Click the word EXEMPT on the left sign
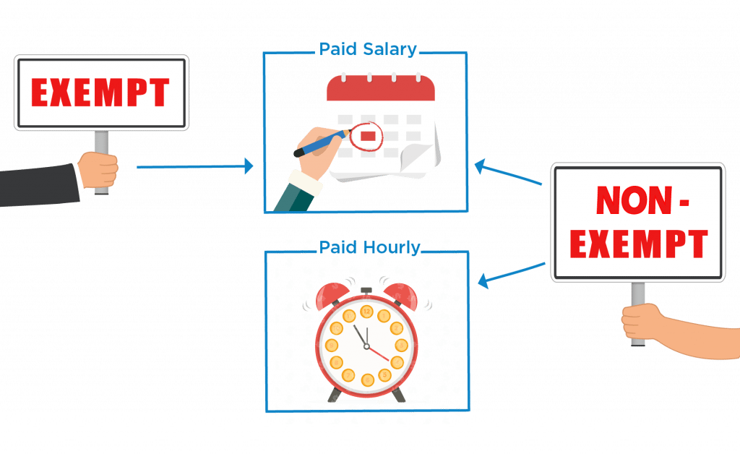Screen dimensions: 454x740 tap(101, 93)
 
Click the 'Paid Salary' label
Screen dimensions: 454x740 tap(368, 50)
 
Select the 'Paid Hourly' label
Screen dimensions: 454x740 tap(369, 248)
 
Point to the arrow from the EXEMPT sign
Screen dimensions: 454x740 tap(195, 167)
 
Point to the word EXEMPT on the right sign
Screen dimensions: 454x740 tap(638, 244)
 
